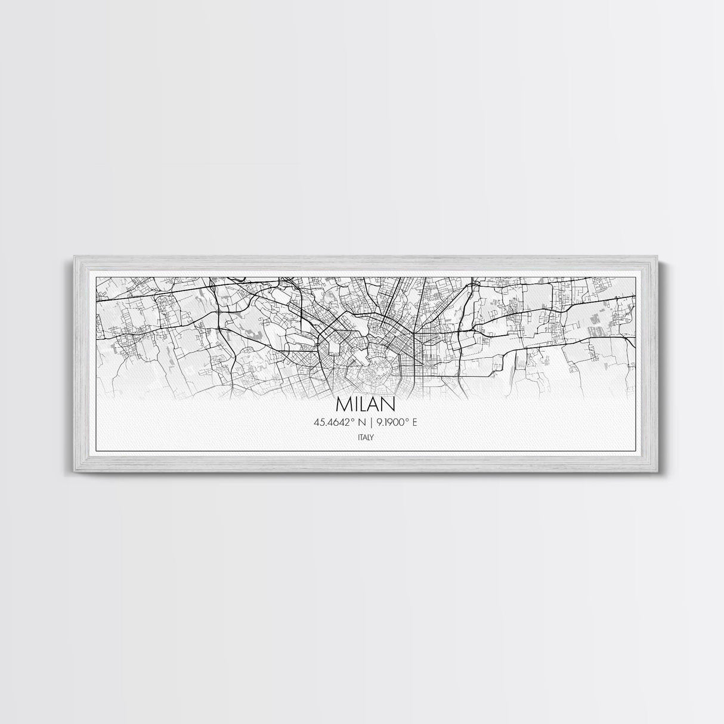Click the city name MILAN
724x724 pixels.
click(x=366, y=404)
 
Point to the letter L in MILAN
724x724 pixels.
click(x=366, y=404)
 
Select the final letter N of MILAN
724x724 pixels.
click(x=388, y=404)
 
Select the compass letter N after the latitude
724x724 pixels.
click(x=362, y=423)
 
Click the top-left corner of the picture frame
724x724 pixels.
click(x=75, y=256)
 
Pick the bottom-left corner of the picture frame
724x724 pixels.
click(x=75, y=472)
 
